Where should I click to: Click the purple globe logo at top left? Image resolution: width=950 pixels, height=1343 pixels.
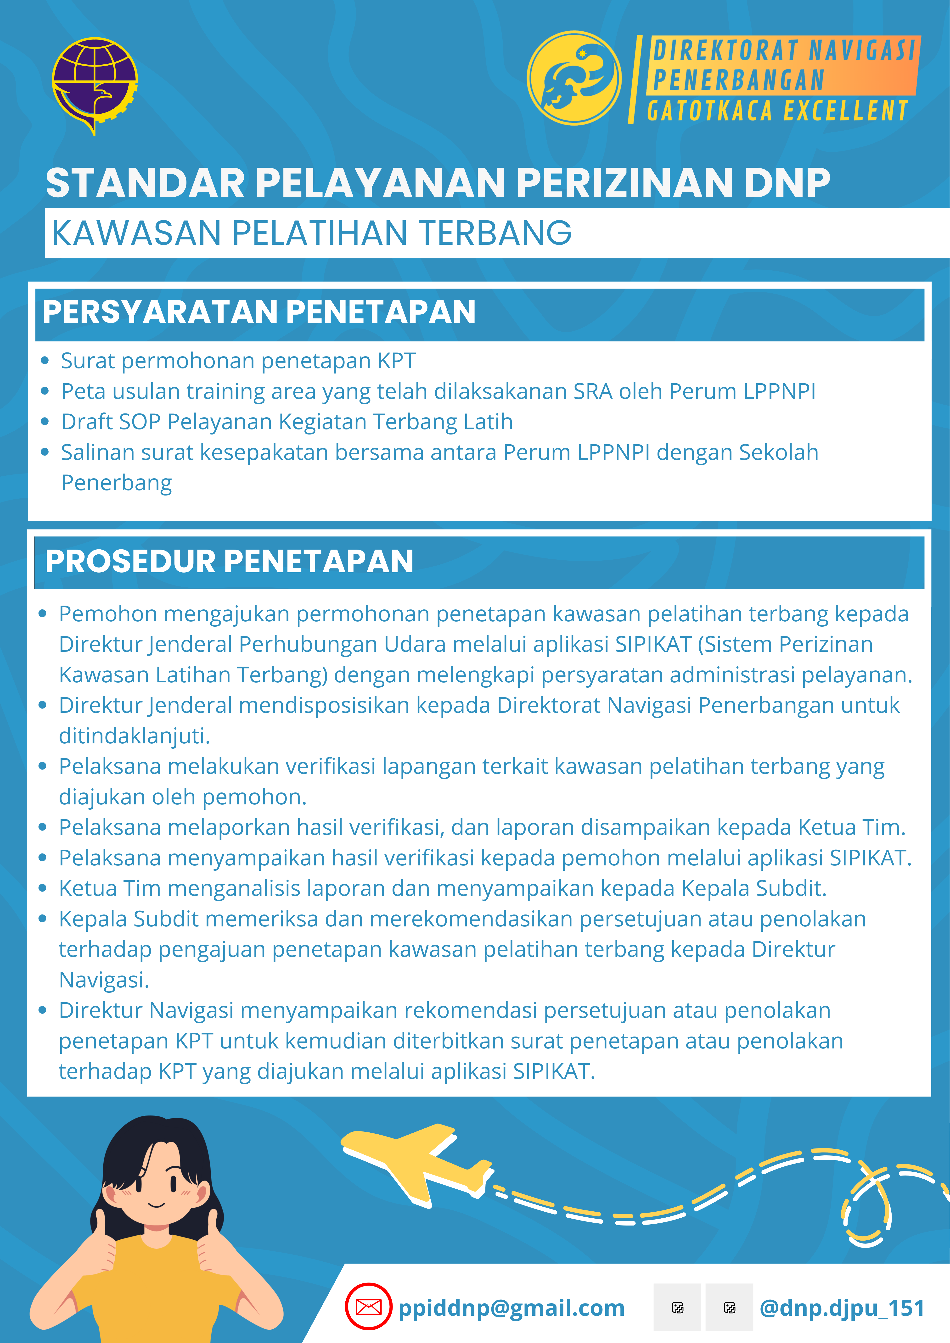click(x=95, y=85)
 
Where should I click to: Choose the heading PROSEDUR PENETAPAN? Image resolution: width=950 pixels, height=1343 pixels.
click(x=229, y=561)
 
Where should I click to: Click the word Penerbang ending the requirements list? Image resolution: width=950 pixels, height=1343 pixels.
click(x=116, y=483)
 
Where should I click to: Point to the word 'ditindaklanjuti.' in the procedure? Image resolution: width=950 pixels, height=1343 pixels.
click(x=134, y=736)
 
